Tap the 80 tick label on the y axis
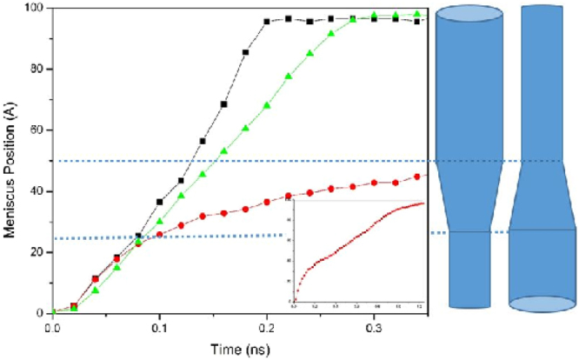tap(38, 70)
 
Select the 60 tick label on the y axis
tap(38, 130)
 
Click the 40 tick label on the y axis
tap(38, 191)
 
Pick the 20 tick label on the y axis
tap(38, 252)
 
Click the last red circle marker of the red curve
tap(416, 177)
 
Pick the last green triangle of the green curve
tap(416, 14)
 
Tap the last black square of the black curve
tap(416, 21)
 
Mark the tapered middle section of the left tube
tap(469, 196)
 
